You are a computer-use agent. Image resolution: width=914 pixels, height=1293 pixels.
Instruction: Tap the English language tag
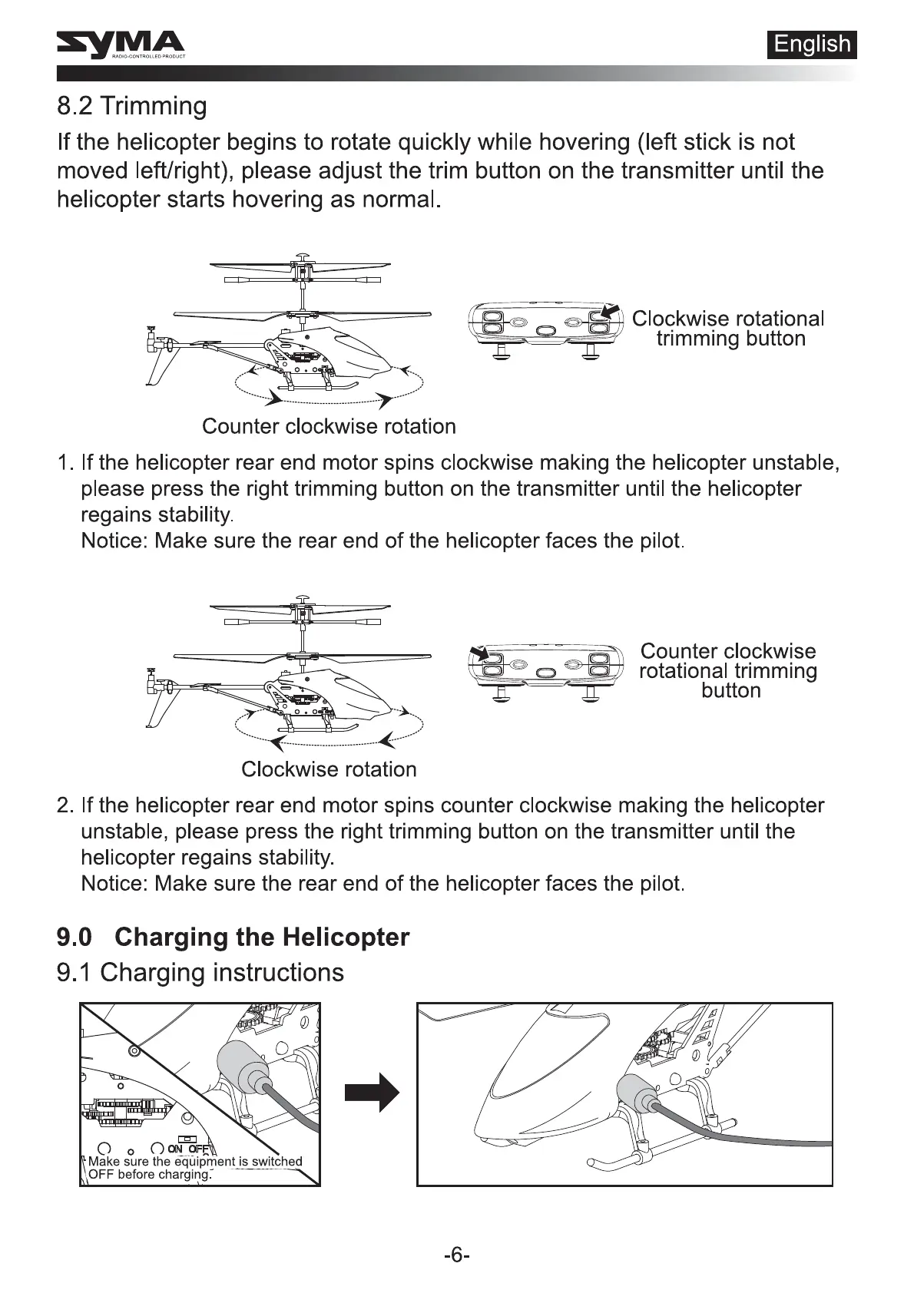pyautogui.click(x=812, y=45)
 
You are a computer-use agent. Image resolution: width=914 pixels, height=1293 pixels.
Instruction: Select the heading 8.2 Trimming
pyautogui.click(x=132, y=106)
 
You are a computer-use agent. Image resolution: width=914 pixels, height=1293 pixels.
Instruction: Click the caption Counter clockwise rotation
pyautogui.click(x=329, y=427)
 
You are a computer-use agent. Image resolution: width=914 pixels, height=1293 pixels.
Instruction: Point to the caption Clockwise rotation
pyautogui.click(x=329, y=769)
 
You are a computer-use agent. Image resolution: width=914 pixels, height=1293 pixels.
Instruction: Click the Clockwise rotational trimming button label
pyautogui.click(x=728, y=329)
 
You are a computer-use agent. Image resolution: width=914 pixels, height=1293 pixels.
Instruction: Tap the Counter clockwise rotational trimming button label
pyautogui.click(x=728, y=670)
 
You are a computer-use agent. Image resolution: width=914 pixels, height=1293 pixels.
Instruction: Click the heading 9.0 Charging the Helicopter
pyautogui.click(x=233, y=938)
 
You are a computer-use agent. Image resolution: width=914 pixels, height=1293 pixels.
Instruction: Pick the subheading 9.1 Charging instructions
pyautogui.click(x=200, y=973)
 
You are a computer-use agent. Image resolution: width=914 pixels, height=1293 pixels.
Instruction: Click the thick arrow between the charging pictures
pyautogui.click(x=373, y=1093)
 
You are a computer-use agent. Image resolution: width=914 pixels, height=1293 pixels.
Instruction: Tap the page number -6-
pyautogui.click(x=457, y=1255)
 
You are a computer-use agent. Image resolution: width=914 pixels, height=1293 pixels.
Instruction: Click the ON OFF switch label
pyautogui.click(x=189, y=1149)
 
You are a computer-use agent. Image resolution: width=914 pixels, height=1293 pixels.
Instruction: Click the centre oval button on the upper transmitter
pyautogui.click(x=545, y=329)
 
